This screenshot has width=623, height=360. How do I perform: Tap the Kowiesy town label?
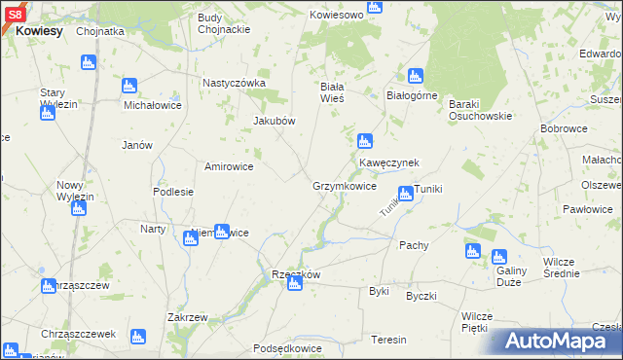tap(39, 31)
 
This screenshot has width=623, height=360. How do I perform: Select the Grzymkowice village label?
tap(344, 186)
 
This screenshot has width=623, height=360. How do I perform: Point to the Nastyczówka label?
tap(234, 83)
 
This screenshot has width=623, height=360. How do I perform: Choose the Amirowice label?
tap(229, 166)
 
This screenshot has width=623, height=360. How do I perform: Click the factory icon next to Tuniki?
tap(405, 194)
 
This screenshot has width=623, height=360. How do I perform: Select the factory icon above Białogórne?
tap(416, 76)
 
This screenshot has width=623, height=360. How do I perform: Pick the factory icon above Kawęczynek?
tap(365, 141)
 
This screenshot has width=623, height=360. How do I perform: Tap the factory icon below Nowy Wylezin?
tap(79, 207)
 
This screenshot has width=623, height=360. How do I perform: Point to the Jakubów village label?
tap(274, 121)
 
